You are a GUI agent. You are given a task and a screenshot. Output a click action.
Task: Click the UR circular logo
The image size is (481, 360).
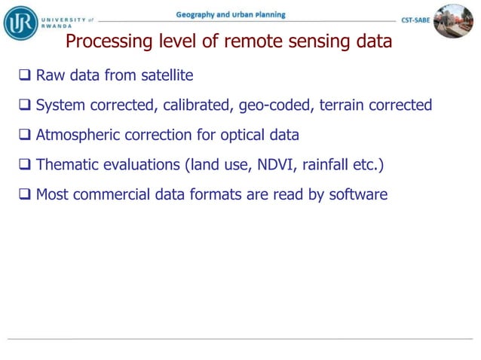pos(20,22)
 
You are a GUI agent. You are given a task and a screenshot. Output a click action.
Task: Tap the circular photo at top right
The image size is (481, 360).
pos(453,20)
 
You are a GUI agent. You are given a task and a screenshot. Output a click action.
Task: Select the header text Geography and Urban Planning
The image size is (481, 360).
pos(231,15)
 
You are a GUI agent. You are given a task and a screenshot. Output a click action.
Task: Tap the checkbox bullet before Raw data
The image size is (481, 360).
pos(25,75)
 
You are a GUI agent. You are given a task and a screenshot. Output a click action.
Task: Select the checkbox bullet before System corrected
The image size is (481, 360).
pos(25,105)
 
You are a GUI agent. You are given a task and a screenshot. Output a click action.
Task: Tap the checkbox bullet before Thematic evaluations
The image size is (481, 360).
pos(25,165)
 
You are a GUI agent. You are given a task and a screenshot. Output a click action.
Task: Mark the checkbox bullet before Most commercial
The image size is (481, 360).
pos(25,195)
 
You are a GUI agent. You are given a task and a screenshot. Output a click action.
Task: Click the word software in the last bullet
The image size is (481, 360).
pos(358,195)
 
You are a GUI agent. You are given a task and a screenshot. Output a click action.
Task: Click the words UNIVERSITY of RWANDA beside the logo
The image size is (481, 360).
pos(66,21)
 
